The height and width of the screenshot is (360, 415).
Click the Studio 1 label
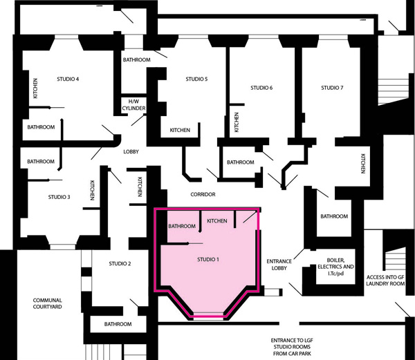[x=208, y=260]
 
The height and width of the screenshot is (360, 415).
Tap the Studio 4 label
[x=68, y=79]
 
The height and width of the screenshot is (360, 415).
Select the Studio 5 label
[x=196, y=79]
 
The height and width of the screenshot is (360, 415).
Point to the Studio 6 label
[x=261, y=88]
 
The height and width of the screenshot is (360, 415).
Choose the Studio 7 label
[x=332, y=88]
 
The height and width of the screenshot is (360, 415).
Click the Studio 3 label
[x=59, y=197]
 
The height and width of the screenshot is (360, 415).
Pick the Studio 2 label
[x=120, y=264]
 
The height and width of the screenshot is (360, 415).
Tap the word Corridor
[x=203, y=195]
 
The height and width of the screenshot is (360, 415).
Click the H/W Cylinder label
[x=133, y=105]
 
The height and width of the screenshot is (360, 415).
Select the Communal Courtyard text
[x=47, y=303]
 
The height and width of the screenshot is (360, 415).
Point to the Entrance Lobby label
[x=279, y=265]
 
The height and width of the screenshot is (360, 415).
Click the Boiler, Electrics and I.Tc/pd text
[x=335, y=267]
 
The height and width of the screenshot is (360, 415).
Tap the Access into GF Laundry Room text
[x=385, y=281]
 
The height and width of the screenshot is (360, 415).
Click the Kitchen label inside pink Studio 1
[x=217, y=220]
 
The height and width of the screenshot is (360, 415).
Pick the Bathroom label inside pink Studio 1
[x=182, y=226]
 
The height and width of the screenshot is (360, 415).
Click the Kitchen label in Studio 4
[x=35, y=88]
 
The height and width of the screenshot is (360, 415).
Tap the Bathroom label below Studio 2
[x=118, y=324]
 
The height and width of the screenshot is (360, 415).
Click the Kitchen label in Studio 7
[x=363, y=164]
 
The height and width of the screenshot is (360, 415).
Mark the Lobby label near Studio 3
[x=131, y=152]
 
